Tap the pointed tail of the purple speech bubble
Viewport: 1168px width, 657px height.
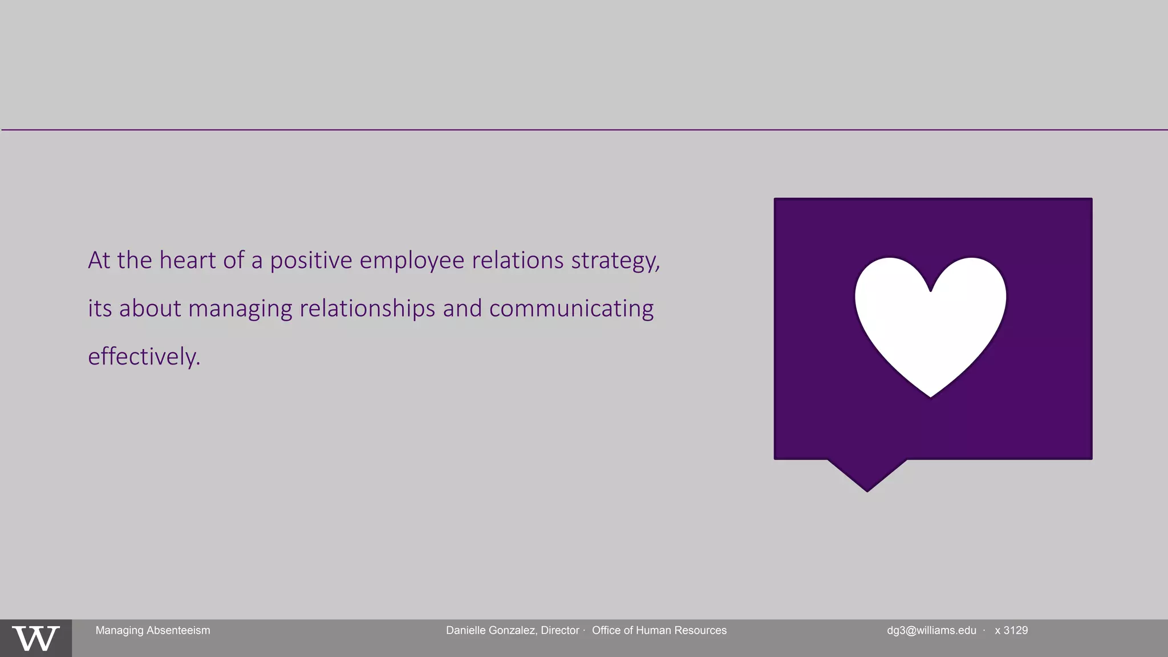pos(867,476)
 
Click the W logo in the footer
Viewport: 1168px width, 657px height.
pos(35,638)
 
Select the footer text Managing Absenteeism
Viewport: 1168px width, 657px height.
pos(153,630)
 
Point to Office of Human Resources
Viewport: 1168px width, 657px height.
pos(659,630)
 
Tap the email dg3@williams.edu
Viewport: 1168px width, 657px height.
pos(931,630)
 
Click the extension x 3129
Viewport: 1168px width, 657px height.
pos(1011,630)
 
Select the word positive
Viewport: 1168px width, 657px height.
pos(311,261)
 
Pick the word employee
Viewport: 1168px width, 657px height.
pos(412,261)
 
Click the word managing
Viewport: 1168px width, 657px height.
pos(240,309)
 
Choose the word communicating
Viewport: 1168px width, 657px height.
pos(571,309)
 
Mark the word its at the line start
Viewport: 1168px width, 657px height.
pos(100,309)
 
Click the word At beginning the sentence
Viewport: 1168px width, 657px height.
pos(99,260)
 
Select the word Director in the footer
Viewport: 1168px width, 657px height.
pos(559,630)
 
